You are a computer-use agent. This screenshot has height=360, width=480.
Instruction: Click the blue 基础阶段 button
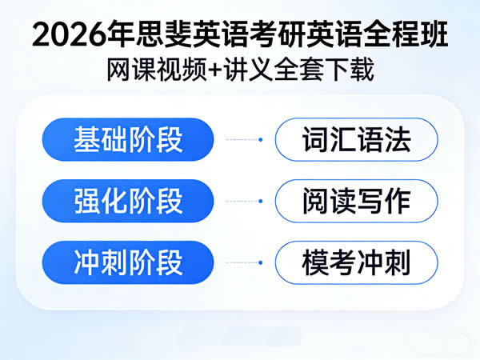coord(128,139)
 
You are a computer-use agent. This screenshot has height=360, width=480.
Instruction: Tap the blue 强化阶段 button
coord(128,201)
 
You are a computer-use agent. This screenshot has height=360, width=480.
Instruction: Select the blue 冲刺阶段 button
coord(128,262)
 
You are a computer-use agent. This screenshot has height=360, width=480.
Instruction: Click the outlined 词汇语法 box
coord(356,139)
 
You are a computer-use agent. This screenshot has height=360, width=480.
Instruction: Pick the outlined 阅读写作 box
coord(356,201)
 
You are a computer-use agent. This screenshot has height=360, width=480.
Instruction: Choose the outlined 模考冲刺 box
coord(356,262)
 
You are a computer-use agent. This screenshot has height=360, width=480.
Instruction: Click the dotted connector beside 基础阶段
coord(243,139)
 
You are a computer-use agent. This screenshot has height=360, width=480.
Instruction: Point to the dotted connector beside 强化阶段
coord(243,201)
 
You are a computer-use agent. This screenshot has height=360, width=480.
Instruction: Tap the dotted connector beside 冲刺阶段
coord(243,262)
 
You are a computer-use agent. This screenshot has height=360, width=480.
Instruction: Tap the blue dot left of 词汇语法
coord(261,139)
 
